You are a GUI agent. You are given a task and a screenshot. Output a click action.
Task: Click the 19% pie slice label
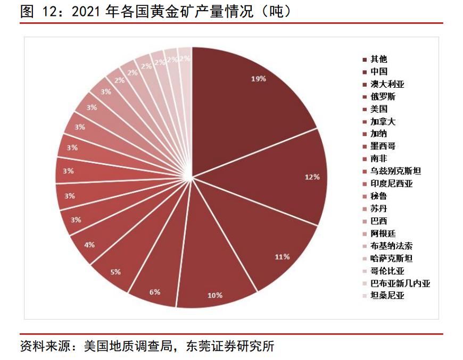(x=258, y=79)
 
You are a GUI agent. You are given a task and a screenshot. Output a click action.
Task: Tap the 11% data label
(x=282, y=256)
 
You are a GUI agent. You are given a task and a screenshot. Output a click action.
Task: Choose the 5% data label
(x=115, y=272)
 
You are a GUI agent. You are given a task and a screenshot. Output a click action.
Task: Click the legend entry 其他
(x=379, y=59)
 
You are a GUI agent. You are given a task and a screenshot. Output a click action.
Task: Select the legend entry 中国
(x=379, y=71)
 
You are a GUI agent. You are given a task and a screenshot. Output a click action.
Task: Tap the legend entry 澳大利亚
(x=387, y=84)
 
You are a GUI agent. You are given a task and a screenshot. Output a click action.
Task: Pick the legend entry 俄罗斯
(x=383, y=96)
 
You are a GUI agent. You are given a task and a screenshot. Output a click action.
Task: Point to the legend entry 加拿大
(x=383, y=121)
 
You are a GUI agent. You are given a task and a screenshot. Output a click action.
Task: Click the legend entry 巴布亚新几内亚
(x=400, y=283)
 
